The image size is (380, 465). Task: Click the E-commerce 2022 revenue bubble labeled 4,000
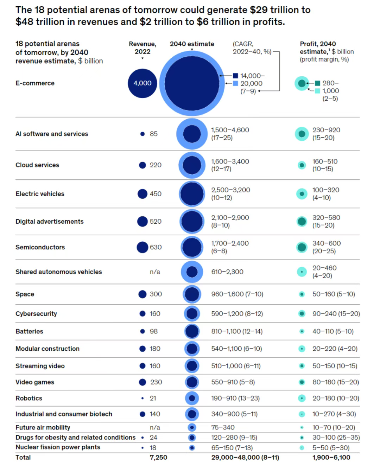tap(142, 83)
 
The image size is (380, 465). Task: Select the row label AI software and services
tap(52, 134)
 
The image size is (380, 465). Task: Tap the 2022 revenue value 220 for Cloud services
tap(156, 165)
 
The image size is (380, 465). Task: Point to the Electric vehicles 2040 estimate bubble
tap(192, 194)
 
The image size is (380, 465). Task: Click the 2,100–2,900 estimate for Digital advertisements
tap(230, 218)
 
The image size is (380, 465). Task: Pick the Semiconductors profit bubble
tap(302, 247)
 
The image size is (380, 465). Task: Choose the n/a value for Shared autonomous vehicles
tap(155, 272)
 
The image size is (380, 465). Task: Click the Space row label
tap(25, 294)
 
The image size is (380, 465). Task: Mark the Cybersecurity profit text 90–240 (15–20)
tap(336, 314)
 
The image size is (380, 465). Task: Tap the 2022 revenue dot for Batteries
tap(142, 331)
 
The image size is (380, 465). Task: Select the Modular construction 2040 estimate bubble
tap(192, 349)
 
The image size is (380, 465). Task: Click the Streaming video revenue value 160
tap(155, 366)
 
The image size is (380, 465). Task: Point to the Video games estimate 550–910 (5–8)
tap(233, 382)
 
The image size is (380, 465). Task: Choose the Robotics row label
tap(29, 398)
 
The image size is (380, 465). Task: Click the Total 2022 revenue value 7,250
tap(158, 457)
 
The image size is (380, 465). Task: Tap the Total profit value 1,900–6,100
tap(331, 457)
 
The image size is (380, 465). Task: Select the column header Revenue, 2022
tap(142, 47)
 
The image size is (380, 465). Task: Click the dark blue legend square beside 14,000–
tap(235, 76)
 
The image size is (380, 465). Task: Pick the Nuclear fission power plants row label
tap(58, 447)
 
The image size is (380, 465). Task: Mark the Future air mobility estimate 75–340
tap(223, 427)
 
